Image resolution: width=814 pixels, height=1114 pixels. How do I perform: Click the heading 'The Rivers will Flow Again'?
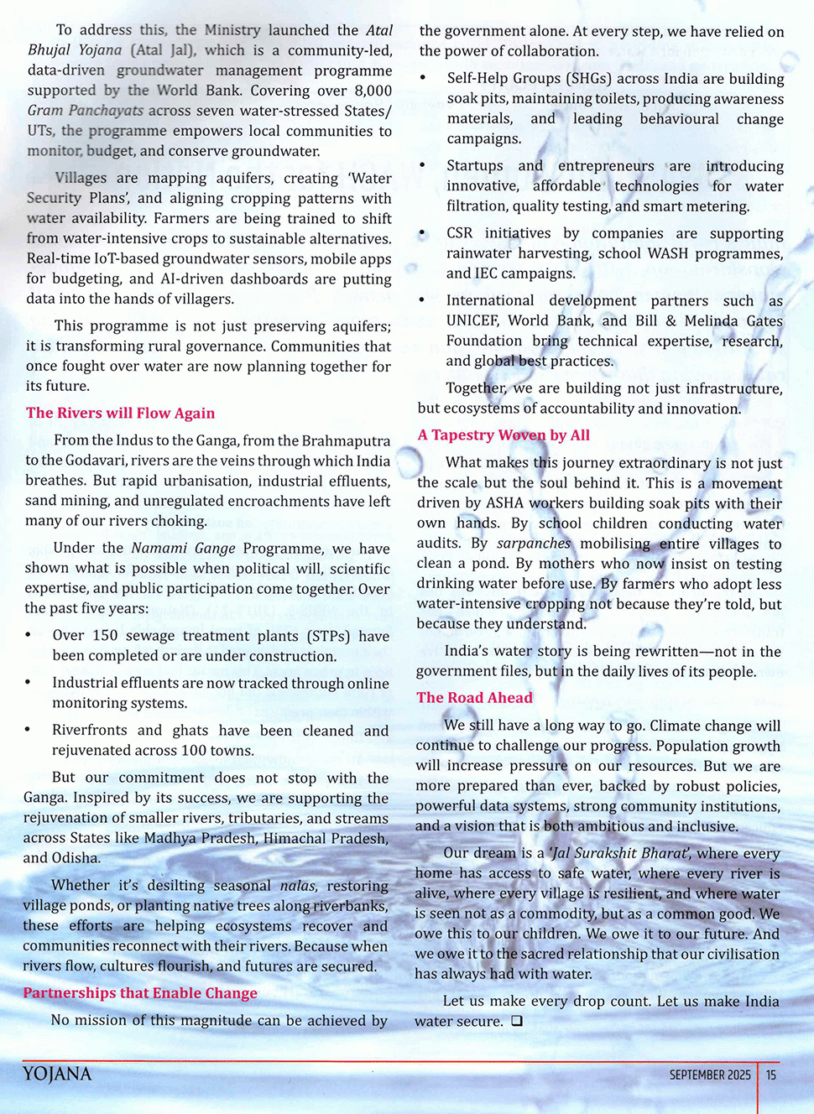click(120, 413)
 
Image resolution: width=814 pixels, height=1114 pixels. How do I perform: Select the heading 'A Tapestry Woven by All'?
click(504, 435)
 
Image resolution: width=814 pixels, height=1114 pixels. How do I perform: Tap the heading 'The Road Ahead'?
click(474, 698)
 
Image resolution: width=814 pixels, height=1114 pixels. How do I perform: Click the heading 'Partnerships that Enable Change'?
click(140, 993)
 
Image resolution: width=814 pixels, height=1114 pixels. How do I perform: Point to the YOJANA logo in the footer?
click(57, 1075)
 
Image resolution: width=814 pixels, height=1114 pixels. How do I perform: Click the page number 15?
click(771, 1075)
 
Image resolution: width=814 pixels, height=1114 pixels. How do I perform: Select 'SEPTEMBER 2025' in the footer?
click(710, 1075)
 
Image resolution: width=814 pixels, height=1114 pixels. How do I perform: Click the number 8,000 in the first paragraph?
click(373, 91)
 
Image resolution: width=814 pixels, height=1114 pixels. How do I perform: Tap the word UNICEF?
click(472, 320)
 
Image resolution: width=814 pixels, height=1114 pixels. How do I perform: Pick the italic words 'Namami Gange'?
click(183, 549)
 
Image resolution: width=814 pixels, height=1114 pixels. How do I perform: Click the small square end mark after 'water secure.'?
click(517, 1021)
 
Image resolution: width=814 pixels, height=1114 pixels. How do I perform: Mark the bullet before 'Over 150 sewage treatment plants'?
click(29, 636)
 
